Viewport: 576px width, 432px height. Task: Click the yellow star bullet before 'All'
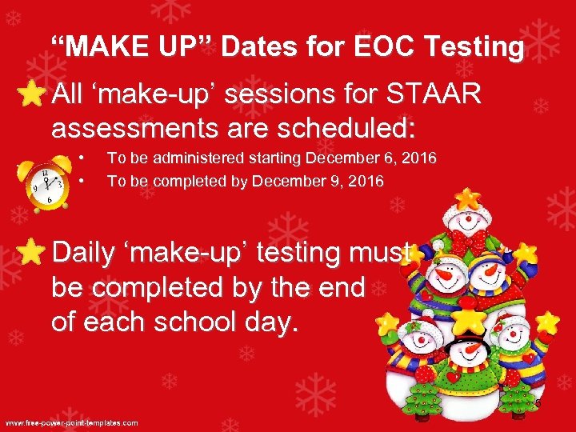click(30, 96)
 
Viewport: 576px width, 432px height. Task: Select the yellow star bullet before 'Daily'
click(30, 252)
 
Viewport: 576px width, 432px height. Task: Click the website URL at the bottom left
click(72, 422)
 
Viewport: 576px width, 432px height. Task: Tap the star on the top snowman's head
click(466, 197)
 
